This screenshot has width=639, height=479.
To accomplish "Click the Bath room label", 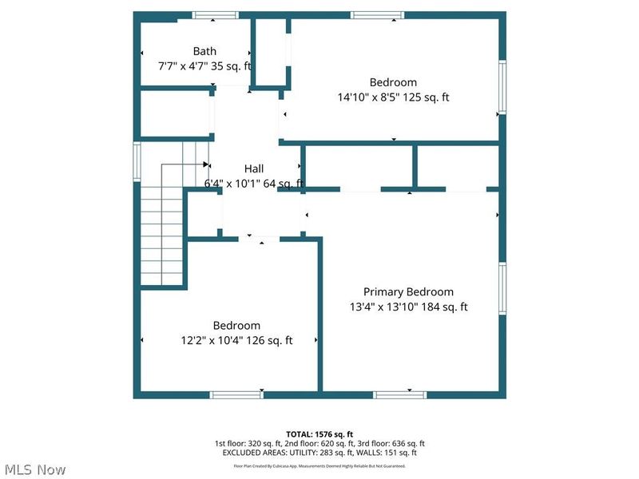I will coord(204,52).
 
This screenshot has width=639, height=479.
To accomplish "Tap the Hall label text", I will coord(254,168).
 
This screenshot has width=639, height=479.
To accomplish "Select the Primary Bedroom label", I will coord(408,292).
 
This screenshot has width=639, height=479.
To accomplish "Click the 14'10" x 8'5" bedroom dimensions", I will coord(393,97).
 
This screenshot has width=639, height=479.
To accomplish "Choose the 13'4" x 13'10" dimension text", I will coord(408,307).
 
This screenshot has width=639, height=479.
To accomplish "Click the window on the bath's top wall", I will coord(215,15).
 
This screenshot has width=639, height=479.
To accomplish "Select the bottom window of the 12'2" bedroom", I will coord(236,394).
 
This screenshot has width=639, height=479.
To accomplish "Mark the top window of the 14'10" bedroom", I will coord(377,15).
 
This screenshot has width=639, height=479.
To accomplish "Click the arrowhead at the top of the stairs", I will coord(206,165).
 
